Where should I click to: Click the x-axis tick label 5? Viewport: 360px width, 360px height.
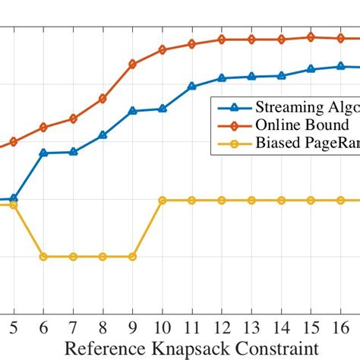(x=14, y=327)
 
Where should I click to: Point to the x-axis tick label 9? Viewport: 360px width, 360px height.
(x=132, y=327)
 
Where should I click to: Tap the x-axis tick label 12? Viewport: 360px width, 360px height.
(x=222, y=327)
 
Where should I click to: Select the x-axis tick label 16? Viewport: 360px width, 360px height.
(x=340, y=327)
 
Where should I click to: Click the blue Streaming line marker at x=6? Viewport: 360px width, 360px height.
(x=43, y=153)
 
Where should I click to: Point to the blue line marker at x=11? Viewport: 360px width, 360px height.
(x=192, y=87)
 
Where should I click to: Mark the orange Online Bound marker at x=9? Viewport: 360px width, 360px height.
(x=132, y=65)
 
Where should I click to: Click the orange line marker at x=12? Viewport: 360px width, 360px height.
(x=222, y=39)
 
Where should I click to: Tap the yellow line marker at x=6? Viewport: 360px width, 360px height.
(x=43, y=257)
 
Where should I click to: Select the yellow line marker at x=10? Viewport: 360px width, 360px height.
(x=162, y=200)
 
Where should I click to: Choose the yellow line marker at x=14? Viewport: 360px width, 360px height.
(x=281, y=200)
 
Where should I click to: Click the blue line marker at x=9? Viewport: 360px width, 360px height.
(x=132, y=111)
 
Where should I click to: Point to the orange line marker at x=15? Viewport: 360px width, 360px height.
(x=311, y=36)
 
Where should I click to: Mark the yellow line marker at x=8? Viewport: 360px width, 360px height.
(x=103, y=257)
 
